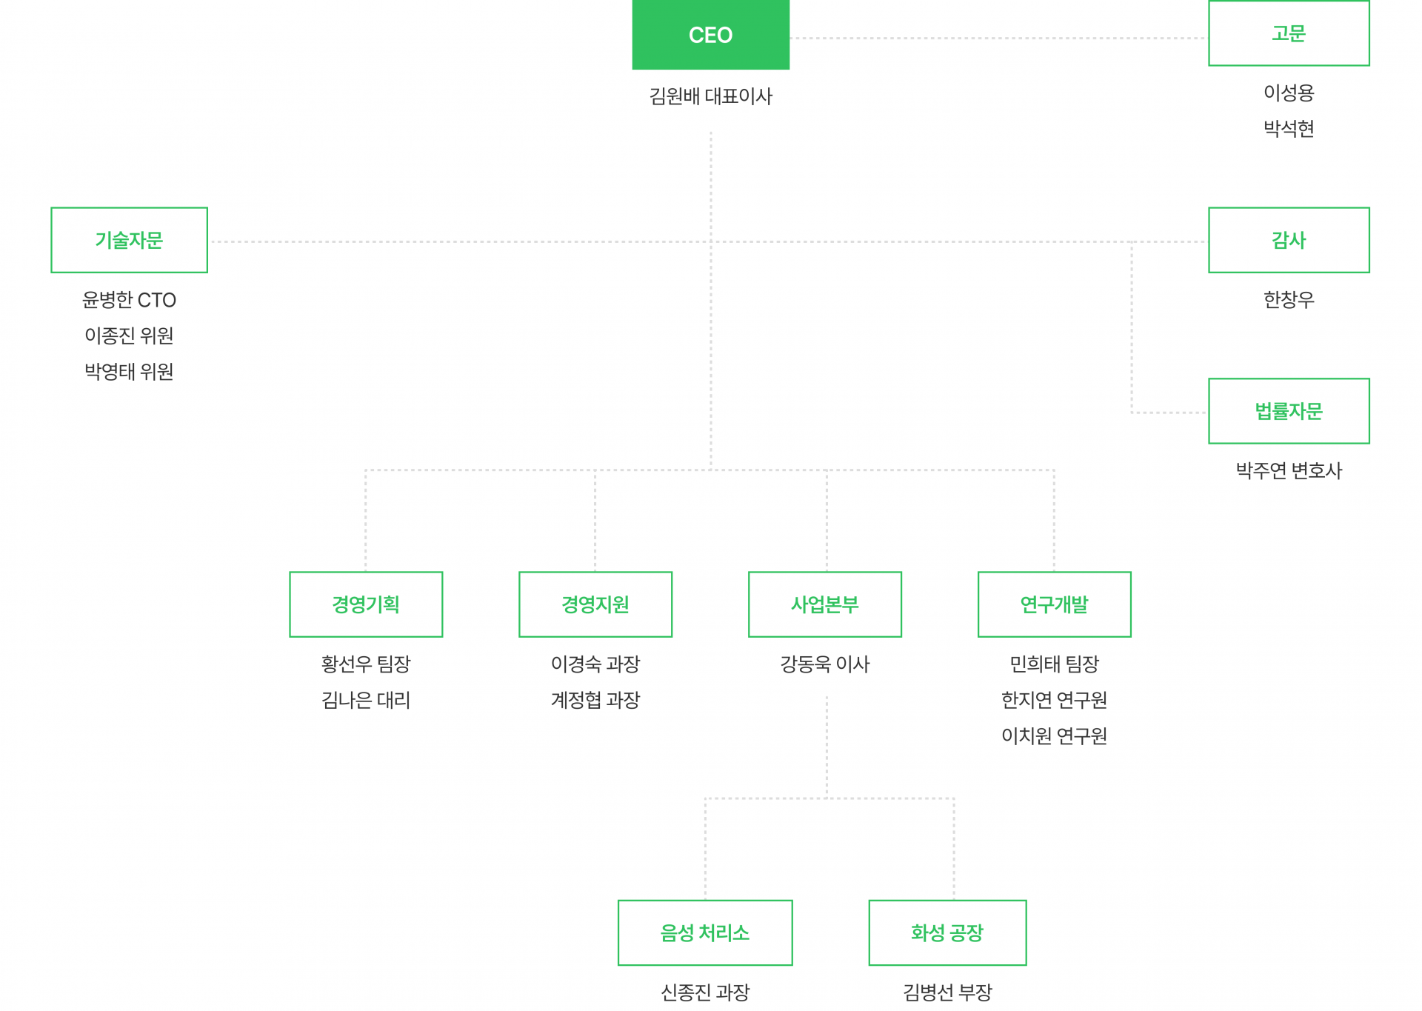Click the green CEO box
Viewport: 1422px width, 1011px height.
click(710, 35)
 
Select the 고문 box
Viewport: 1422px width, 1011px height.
click(1288, 33)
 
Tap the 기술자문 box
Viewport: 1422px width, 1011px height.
click(129, 240)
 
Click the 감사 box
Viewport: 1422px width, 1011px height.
click(1288, 240)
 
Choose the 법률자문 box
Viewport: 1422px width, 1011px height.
click(1288, 411)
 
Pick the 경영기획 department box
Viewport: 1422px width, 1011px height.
click(366, 604)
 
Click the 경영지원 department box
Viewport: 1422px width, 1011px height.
click(595, 604)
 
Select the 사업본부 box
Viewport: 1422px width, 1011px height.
click(824, 604)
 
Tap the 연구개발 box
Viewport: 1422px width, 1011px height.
click(1054, 604)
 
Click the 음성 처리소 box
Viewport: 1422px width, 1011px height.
click(705, 932)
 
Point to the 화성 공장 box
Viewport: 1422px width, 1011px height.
click(947, 932)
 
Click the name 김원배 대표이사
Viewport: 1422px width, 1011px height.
click(710, 96)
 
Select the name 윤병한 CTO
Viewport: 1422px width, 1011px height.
click(129, 300)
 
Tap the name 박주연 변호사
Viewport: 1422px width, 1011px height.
click(1288, 470)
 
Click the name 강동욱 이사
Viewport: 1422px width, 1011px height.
click(824, 664)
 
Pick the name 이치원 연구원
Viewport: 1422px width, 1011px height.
click(1054, 735)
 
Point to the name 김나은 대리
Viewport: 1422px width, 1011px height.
click(366, 700)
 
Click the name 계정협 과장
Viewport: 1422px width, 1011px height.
click(595, 700)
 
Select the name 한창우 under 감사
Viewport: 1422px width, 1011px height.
click(1288, 300)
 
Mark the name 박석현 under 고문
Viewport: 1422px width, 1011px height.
click(1288, 129)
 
